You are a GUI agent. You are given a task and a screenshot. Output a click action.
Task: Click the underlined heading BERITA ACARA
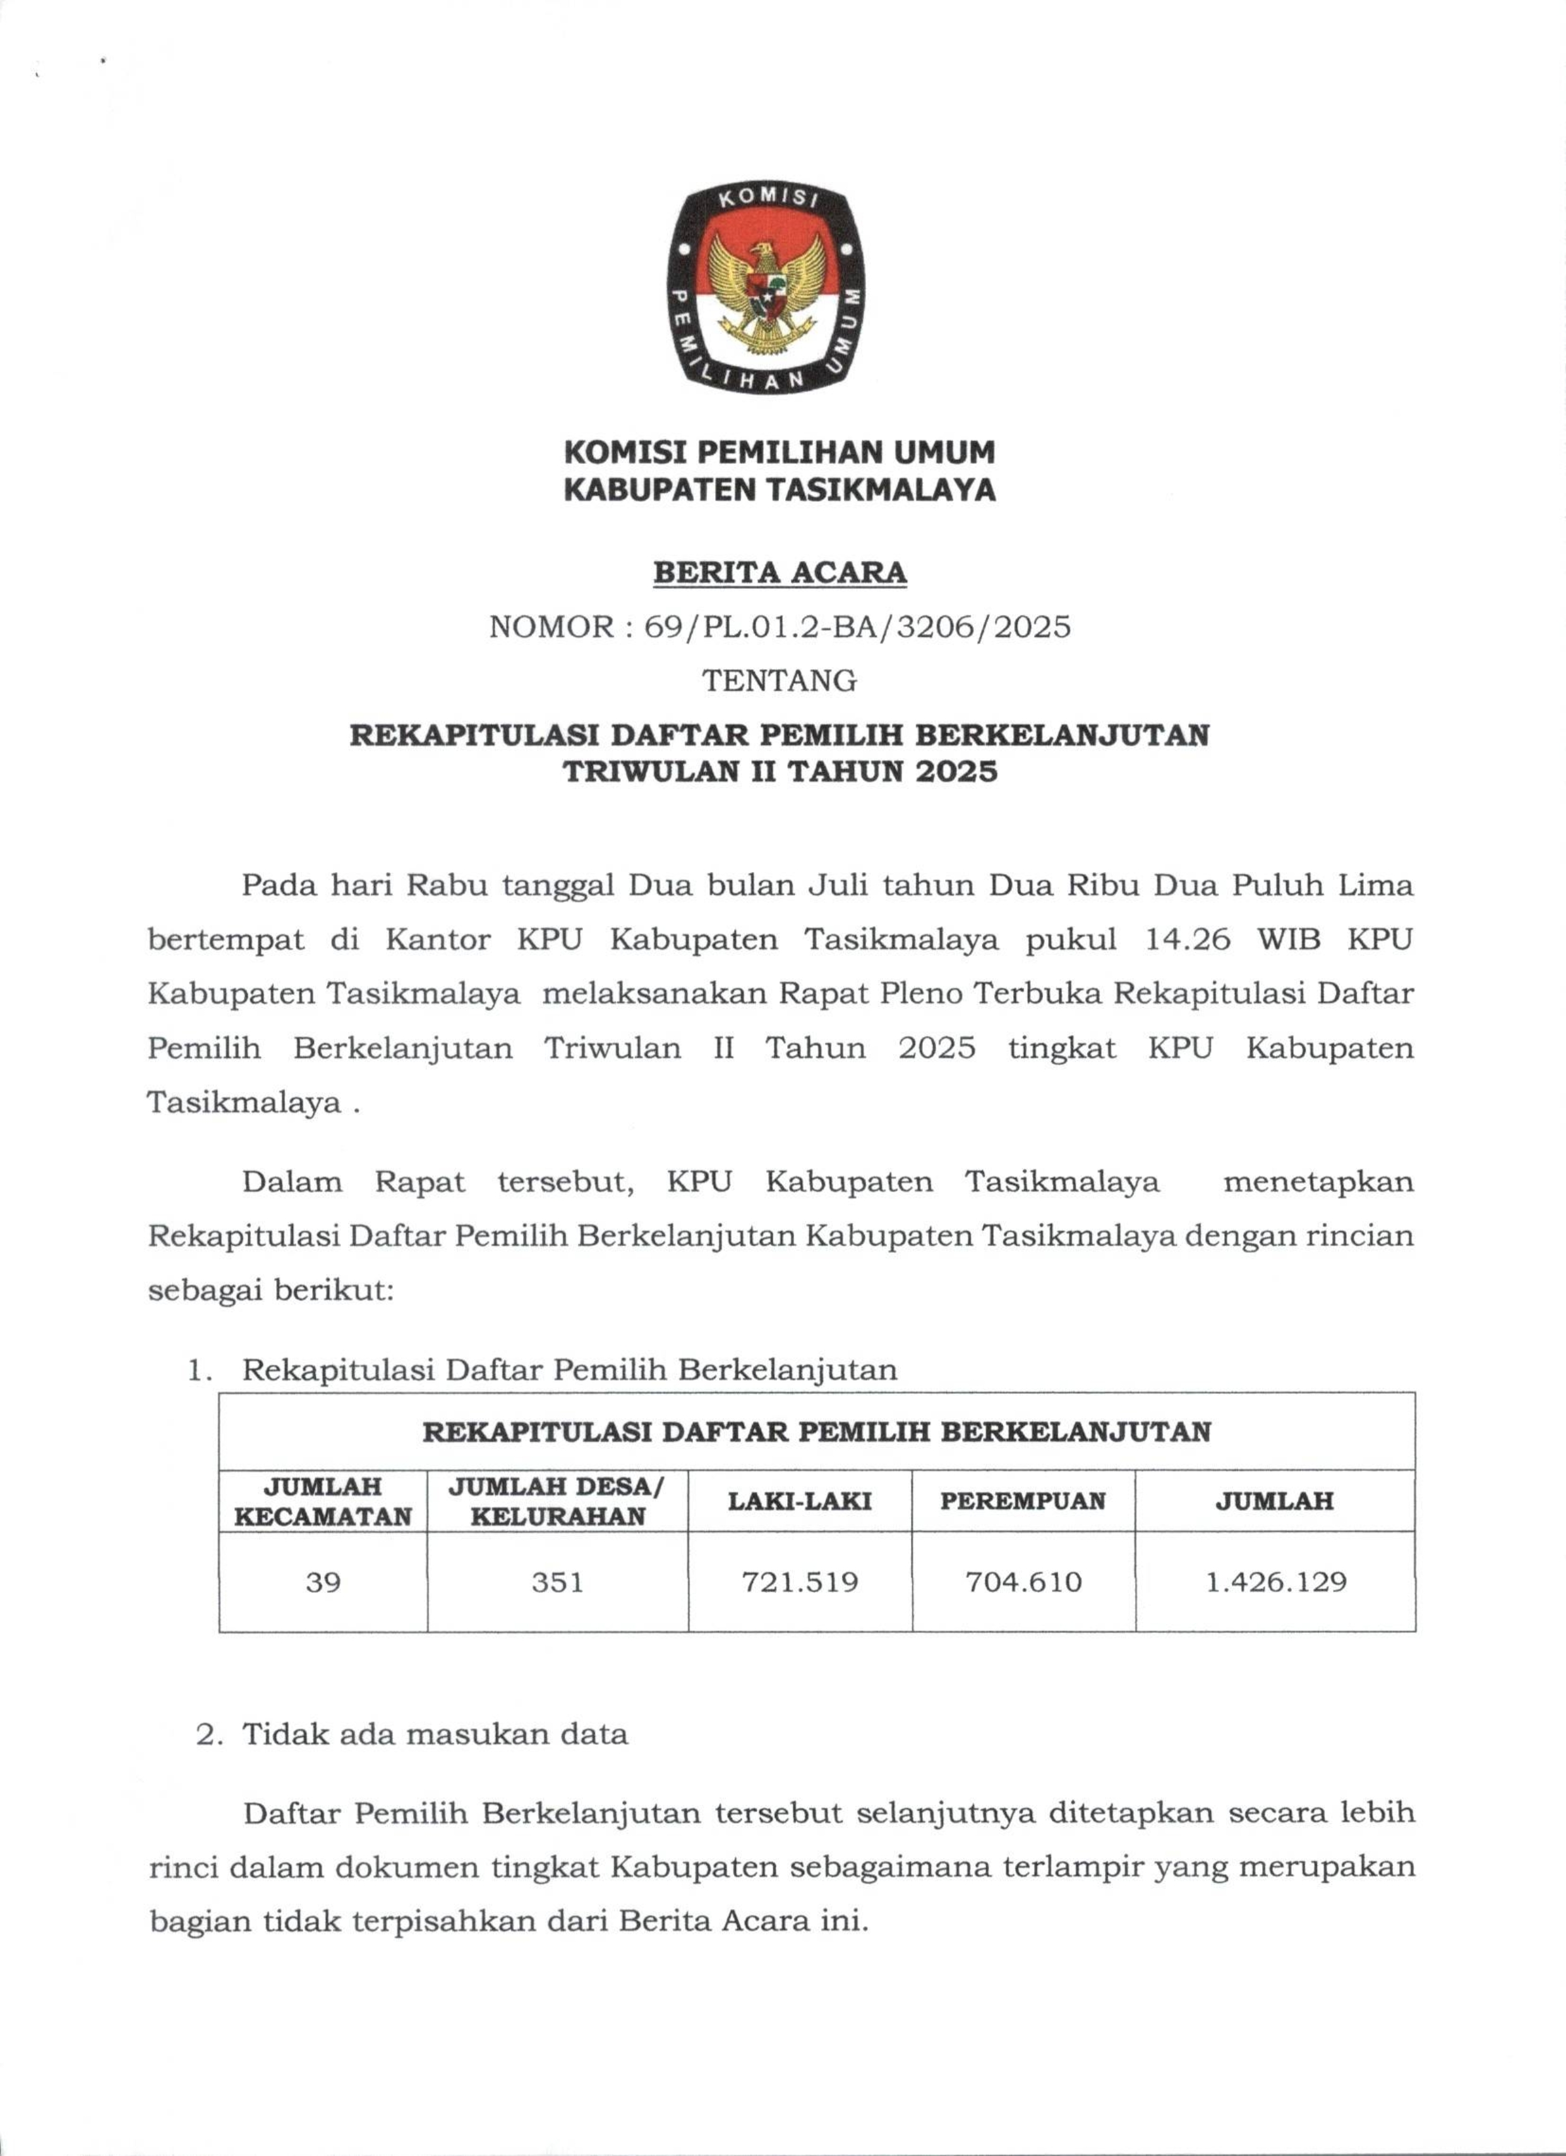[x=779, y=573]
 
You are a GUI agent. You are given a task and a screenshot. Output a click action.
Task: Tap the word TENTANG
[x=779, y=681]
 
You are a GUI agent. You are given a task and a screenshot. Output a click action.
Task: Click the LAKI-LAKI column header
[x=800, y=1501]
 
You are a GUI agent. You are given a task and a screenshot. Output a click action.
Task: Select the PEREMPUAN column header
[x=1023, y=1501]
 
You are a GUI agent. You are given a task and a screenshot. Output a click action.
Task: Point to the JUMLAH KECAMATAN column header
[x=323, y=1501]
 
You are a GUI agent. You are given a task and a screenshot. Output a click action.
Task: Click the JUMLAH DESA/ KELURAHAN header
[x=558, y=1501]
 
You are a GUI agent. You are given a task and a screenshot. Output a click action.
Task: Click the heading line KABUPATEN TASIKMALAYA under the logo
[x=779, y=490]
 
